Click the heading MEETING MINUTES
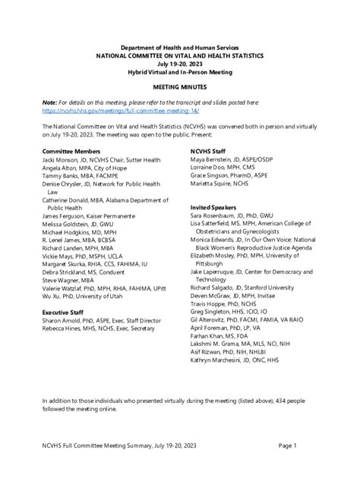tap(179, 88)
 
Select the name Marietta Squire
tap(215, 184)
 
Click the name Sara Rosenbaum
tap(216, 216)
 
